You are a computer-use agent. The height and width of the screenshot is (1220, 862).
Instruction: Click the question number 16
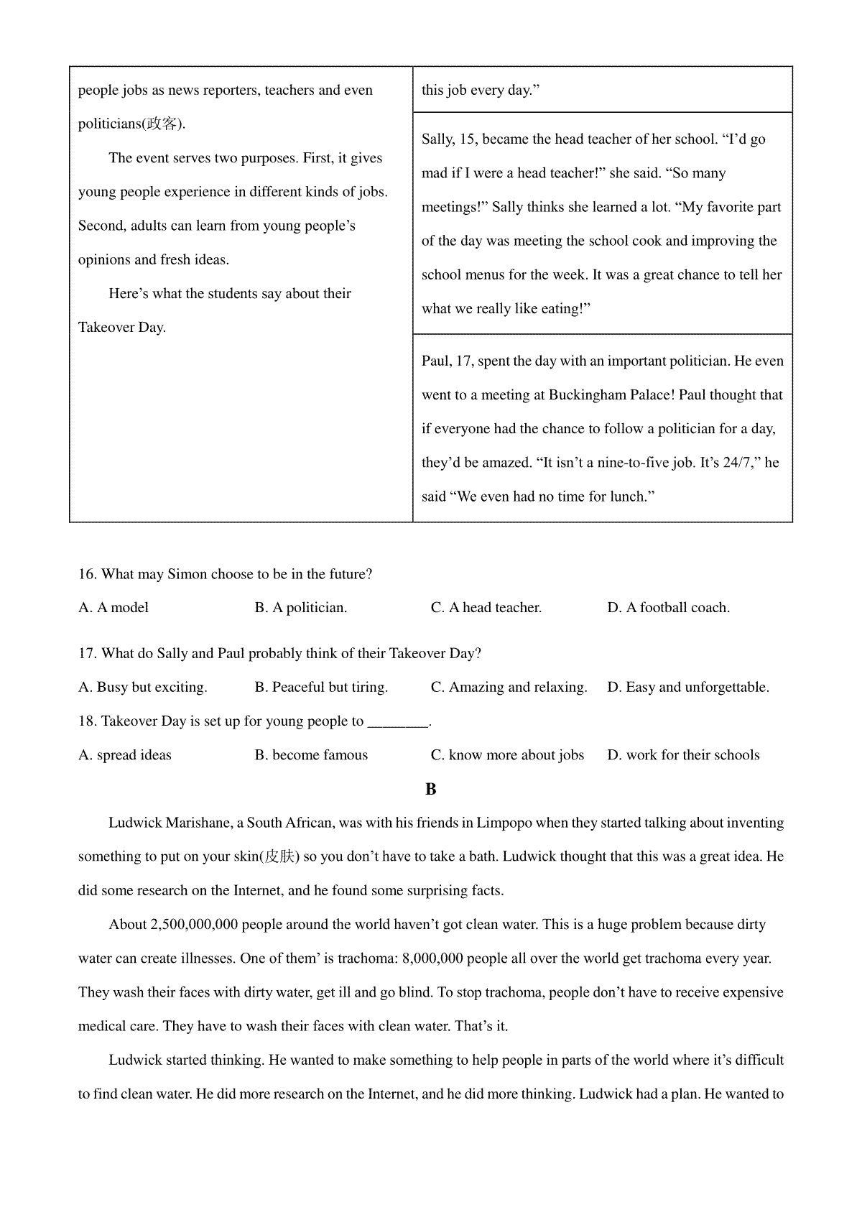coord(87,574)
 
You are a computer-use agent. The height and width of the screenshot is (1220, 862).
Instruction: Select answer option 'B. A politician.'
coord(300,608)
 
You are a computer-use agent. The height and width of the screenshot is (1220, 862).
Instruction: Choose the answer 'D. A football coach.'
coord(668,608)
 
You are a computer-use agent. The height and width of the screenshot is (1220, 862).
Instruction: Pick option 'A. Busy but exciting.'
coord(142,688)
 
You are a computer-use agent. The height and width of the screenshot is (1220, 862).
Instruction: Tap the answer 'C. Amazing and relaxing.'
coord(509,688)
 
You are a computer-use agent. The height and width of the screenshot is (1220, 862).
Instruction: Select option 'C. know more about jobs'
coord(507,755)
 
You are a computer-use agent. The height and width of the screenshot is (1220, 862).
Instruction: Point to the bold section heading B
coord(431,790)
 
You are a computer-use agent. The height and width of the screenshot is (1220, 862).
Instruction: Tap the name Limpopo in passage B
coord(504,823)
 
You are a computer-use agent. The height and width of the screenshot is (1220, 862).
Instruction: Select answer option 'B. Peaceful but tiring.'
coord(321,688)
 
